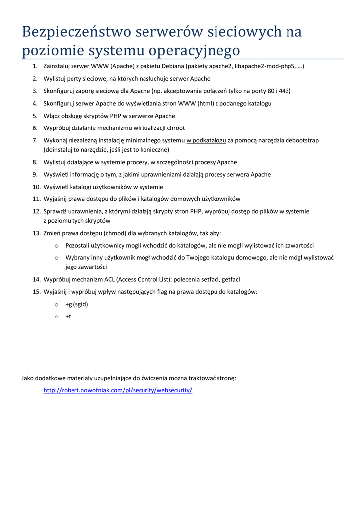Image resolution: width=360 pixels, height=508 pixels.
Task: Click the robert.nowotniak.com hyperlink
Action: (118, 390)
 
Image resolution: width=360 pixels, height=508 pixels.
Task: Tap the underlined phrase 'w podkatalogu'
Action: (206, 140)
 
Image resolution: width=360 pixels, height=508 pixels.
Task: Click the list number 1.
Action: (35, 66)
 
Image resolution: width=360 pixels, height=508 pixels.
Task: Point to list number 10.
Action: (36, 187)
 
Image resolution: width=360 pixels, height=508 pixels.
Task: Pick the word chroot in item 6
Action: (175, 128)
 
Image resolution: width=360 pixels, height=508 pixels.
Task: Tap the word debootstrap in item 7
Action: (301, 140)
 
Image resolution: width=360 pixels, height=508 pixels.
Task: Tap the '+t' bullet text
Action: (68, 317)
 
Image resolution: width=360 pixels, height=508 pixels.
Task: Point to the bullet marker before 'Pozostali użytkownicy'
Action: (57, 246)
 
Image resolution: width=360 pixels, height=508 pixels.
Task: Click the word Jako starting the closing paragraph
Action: (28, 378)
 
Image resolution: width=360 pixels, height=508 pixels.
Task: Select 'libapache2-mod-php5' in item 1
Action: (266, 66)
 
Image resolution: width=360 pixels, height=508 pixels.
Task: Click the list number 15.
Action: (36, 292)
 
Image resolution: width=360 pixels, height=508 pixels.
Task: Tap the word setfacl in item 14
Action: (206, 279)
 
